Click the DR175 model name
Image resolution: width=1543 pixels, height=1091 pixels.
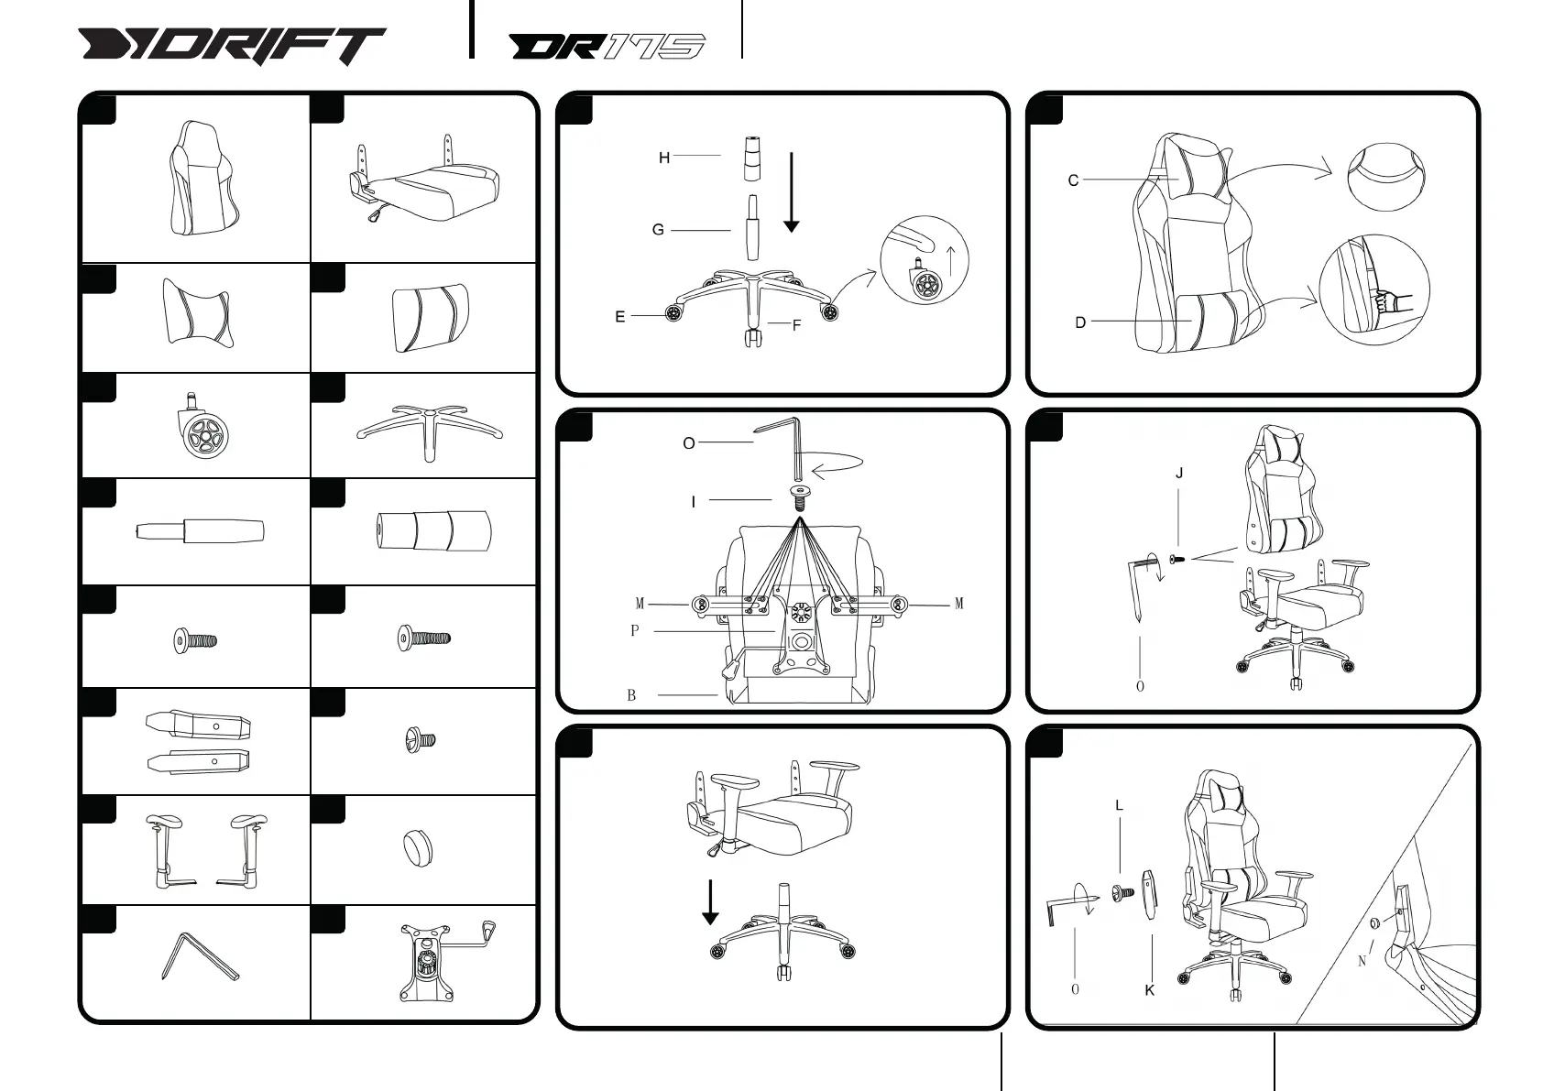[607, 47]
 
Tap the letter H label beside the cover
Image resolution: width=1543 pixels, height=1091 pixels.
[664, 158]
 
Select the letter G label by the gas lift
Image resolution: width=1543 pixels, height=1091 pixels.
[658, 230]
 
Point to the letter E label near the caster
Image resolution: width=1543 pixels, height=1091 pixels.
[620, 317]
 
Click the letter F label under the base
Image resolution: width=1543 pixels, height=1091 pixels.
[796, 325]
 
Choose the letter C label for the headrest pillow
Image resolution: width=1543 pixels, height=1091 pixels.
[1073, 180]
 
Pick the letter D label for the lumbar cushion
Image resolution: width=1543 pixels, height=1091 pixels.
[1080, 322]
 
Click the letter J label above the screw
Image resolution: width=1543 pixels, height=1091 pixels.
[1179, 474]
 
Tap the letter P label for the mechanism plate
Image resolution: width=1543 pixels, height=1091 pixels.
[634, 631]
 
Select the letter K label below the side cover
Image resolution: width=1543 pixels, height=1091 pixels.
[1149, 990]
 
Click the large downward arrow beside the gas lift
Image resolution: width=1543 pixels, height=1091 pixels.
[792, 193]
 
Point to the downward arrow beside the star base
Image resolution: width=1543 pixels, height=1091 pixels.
[710, 902]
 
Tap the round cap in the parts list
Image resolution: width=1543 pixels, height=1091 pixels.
[417, 847]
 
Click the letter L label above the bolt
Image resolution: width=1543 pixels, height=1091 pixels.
[1119, 806]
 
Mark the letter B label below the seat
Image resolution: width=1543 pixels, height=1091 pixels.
[631, 695]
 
